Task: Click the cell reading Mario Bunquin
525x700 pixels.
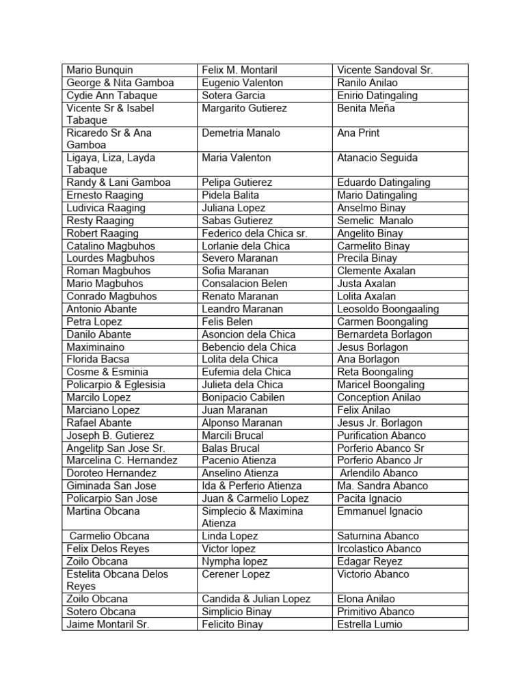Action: click(x=100, y=70)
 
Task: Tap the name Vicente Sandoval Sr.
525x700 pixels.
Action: click(x=385, y=70)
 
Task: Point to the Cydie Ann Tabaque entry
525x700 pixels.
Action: click(x=111, y=95)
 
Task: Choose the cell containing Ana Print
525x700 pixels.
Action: click(x=358, y=133)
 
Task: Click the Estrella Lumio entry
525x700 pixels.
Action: click(x=370, y=624)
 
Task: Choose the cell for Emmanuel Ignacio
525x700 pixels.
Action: click(x=379, y=511)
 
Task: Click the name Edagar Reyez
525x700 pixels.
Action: click(x=369, y=561)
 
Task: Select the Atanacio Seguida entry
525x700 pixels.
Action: click(x=377, y=157)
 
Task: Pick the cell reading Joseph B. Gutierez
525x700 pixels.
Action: click(x=110, y=435)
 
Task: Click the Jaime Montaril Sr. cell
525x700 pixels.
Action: click(x=107, y=624)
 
